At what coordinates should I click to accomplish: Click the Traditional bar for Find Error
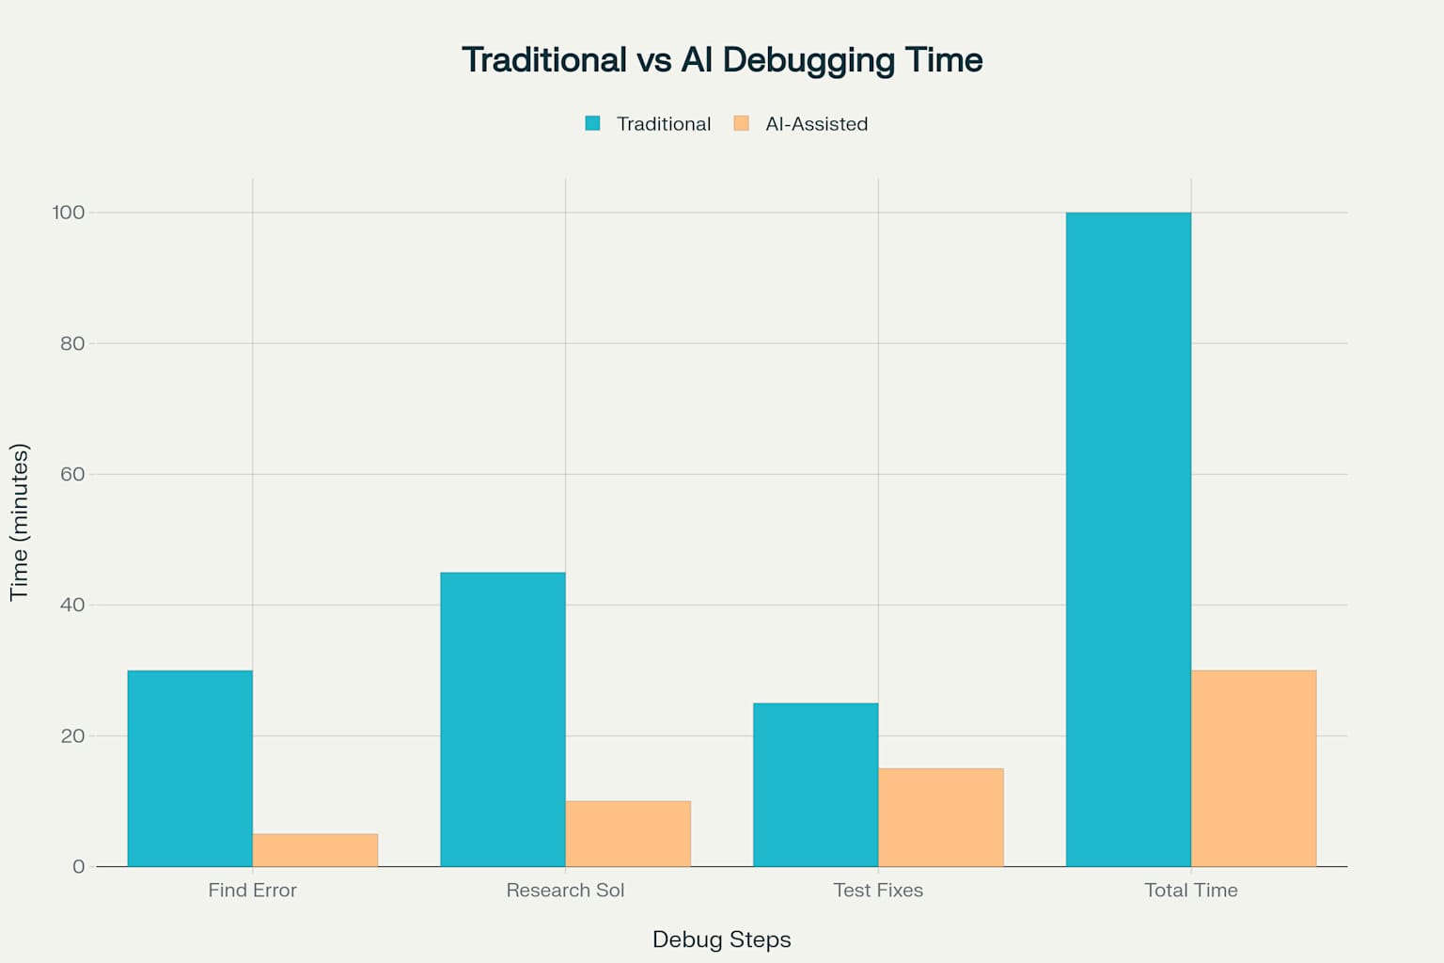190,768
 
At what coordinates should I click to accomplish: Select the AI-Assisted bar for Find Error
315,850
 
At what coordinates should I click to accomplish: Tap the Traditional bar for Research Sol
503,719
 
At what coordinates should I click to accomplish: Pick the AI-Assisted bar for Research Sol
628,834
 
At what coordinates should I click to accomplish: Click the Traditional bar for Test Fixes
815,784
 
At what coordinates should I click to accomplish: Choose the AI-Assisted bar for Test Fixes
941,817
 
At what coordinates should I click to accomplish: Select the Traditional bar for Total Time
1128,539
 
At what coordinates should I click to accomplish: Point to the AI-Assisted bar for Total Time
1253,768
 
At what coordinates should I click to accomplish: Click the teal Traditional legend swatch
592,123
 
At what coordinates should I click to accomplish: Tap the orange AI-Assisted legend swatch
742,123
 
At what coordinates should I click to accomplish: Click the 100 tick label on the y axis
68,213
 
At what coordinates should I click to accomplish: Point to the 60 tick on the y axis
72,474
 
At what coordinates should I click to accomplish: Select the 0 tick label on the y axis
78,866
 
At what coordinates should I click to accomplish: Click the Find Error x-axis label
252,890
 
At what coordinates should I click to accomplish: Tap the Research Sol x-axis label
565,890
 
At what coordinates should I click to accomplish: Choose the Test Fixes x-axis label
878,890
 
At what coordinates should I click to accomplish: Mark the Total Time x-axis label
1190,890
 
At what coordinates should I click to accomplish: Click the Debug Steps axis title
721,939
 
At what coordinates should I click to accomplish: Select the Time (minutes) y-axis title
20,522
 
